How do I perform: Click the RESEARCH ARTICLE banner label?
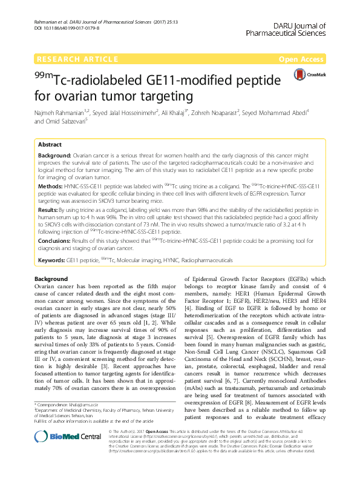pos(77,59)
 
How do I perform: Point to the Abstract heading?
pos(50,145)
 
